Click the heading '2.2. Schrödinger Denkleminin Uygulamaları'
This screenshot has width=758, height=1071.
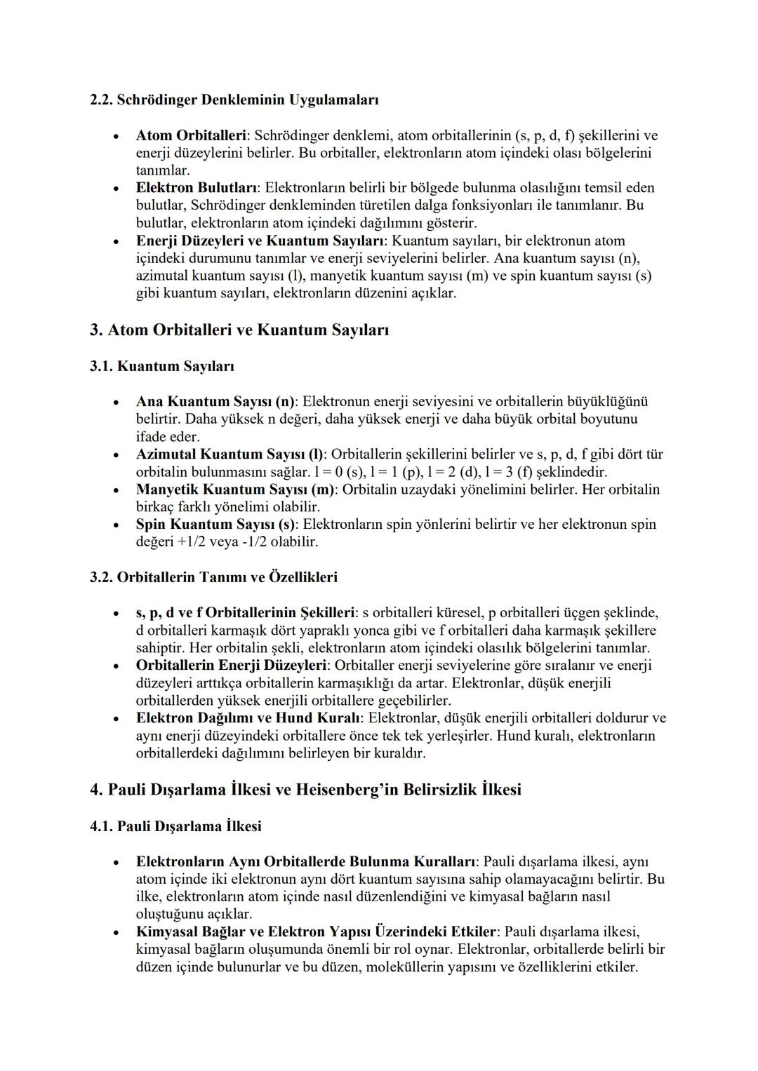pyautogui.click(x=234, y=100)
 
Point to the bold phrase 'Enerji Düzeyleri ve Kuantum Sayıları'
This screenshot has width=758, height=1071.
pyautogui.click(x=259, y=241)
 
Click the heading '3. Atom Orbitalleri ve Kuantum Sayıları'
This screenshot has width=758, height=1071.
pyautogui.click(x=239, y=330)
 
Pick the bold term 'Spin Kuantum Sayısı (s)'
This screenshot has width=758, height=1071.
pyautogui.click(x=216, y=525)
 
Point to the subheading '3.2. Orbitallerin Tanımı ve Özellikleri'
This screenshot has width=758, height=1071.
pyautogui.click(x=213, y=577)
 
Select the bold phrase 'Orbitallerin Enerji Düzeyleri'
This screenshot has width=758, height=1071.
pyautogui.click(x=232, y=665)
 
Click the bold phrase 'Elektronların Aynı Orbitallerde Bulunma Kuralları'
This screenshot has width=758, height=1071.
pyautogui.click(x=306, y=861)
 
